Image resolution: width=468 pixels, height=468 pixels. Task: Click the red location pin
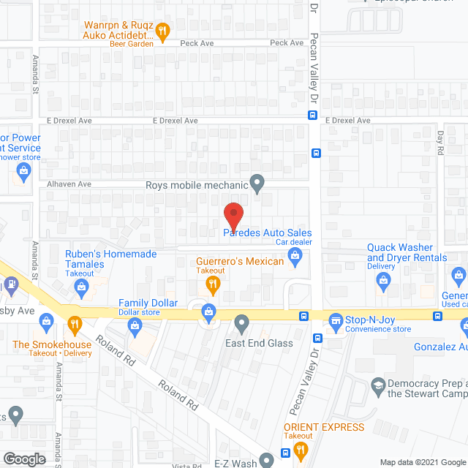(x=233, y=214)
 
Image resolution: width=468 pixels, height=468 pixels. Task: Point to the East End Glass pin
(x=243, y=322)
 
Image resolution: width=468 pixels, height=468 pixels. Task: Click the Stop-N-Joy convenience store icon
(x=336, y=319)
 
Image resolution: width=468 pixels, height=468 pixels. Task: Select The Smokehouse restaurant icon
(x=73, y=322)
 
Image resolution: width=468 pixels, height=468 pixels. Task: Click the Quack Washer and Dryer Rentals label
(x=407, y=253)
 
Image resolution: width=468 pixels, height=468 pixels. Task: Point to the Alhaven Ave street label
(x=69, y=184)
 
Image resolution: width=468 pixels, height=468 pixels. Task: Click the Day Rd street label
(x=440, y=141)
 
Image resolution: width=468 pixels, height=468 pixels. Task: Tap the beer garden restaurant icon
(x=163, y=30)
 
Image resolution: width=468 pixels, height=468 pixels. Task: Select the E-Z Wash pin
(x=267, y=458)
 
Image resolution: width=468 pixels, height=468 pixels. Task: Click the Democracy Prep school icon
(x=378, y=384)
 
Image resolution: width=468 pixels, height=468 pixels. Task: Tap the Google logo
(x=24, y=458)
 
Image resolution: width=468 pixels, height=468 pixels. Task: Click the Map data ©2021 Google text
(x=422, y=462)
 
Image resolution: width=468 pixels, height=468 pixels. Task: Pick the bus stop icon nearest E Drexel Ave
(x=312, y=115)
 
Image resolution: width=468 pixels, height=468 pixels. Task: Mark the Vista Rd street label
(x=187, y=466)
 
